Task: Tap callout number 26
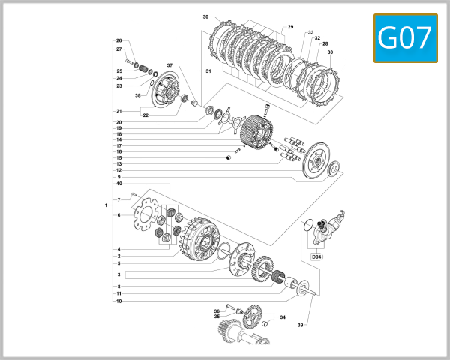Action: tap(118, 40)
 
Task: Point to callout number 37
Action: tap(169, 65)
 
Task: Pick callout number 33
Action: tap(310, 33)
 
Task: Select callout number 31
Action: tap(209, 71)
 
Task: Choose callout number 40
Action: tap(118, 184)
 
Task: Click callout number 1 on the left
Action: tap(106, 205)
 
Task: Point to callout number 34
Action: tap(282, 317)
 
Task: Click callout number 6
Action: tap(118, 215)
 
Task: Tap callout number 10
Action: tap(118, 301)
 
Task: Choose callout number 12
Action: tap(118, 170)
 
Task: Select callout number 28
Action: tap(325, 44)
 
